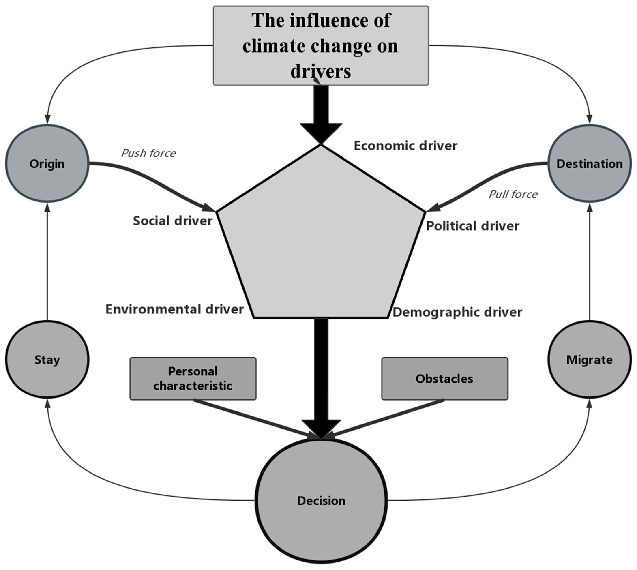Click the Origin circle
[x=47, y=164]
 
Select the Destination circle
[x=589, y=164]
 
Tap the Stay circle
[x=47, y=360]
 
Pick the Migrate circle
[x=589, y=360]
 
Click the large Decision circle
[x=321, y=501]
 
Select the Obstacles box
[x=444, y=379]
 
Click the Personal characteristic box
[x=193, y=379]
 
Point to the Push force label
[x=148, y=153]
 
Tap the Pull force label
[x=513, y=194]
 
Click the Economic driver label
[x=405, y=146]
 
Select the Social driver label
[x=173, y=221]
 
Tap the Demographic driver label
[x=457, y=312]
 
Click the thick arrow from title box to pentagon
[x=321, y=110]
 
